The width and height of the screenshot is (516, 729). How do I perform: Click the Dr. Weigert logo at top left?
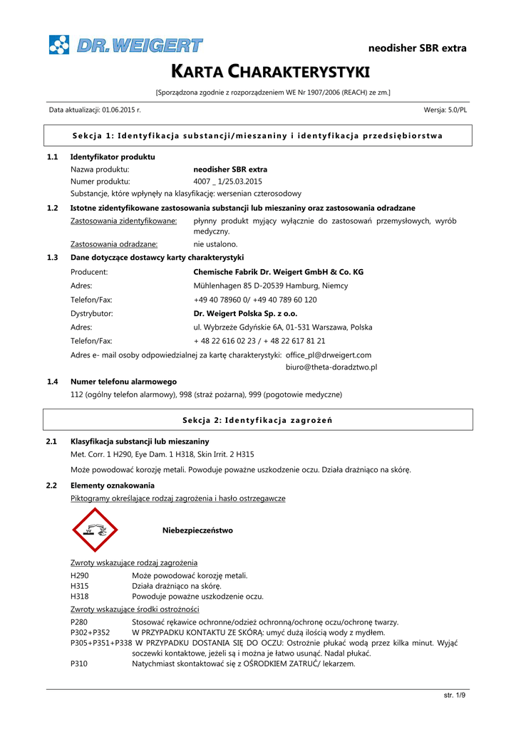coord(125,45)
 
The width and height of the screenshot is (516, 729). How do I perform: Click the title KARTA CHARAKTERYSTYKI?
coord(257,72)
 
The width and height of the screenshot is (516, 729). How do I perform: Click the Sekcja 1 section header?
coord(258,135)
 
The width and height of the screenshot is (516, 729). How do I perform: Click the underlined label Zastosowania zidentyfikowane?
coord(124,221)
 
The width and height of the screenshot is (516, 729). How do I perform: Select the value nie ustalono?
coord(216,244)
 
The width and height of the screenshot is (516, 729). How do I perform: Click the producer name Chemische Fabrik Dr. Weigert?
coord(279,271)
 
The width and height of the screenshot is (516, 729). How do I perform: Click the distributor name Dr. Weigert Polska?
coord(245,313)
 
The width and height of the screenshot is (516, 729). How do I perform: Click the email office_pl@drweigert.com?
coord(328,355)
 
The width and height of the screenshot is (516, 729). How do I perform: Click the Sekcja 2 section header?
coord(258,420)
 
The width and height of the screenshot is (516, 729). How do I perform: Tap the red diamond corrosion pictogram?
coord(96,530)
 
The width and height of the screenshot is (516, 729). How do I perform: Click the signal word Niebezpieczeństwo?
coord(197,530)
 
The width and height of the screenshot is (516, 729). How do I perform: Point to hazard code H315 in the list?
coord(80,586)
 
